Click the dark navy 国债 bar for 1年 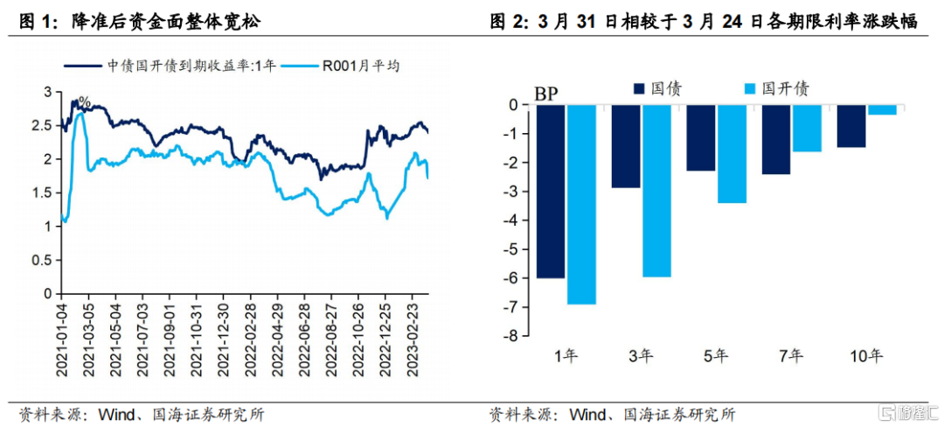550,191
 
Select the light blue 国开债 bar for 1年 581,204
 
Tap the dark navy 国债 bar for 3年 625,146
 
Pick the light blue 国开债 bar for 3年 656,191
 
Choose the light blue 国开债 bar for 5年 732,154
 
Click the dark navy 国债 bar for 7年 775,139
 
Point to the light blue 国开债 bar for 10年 882,109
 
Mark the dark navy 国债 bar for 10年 850,126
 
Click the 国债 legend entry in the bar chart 656,88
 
